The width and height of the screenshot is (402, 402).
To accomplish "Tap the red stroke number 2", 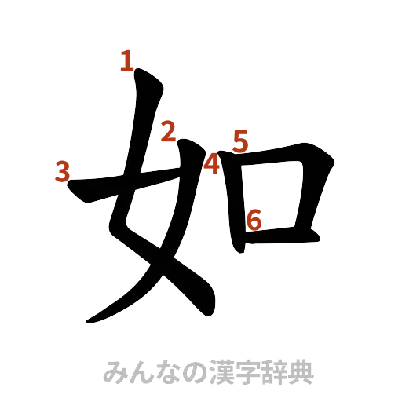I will [x=167, y=132].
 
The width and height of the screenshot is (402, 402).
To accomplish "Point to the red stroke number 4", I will [x=210, y=163].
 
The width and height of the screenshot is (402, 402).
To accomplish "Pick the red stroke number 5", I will [x=240, y=141].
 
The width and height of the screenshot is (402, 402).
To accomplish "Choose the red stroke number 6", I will [x=254, y=221].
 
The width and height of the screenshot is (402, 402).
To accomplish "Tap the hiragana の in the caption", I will [x=190, y=371].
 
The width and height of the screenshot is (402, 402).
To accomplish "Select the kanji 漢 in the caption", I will [x=215, y=371].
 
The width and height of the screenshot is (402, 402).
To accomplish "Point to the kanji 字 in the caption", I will [x=240, y=371].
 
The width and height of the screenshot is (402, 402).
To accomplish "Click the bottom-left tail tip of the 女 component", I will [x=86, y=322].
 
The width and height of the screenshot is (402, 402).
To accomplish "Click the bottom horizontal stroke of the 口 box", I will [x=283, y=233].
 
